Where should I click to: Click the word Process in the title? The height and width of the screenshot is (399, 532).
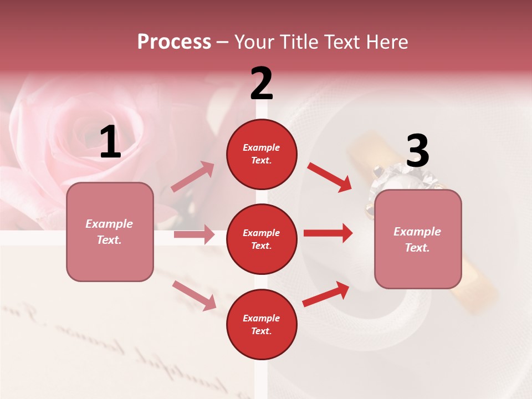[x=174, y=42]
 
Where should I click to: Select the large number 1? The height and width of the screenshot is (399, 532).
[x=110, y=142]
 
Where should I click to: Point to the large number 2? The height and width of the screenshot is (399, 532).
[x=262, y=84]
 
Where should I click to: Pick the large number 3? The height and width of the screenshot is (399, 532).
[x=417, y=151]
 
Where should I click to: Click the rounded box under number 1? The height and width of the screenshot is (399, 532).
[x=110, y=232]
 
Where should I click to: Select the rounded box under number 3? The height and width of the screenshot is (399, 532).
[x=418, y=239]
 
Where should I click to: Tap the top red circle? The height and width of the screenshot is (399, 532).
[x=262, y=154]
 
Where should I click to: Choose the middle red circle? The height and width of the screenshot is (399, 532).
[x=262, y=239]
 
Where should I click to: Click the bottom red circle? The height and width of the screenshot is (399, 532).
[x=262, y=325]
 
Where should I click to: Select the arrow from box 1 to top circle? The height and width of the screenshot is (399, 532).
[x=193, y=177]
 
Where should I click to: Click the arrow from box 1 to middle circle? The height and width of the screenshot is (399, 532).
[x=194, y=234]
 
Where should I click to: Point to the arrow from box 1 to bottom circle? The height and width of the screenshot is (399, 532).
[x=194, y=295]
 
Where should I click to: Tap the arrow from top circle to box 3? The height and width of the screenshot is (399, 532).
[x=329, y=177]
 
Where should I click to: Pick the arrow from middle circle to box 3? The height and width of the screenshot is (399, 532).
[x=328, y=233]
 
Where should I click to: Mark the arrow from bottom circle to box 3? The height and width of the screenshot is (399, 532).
[x=326, y=294]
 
